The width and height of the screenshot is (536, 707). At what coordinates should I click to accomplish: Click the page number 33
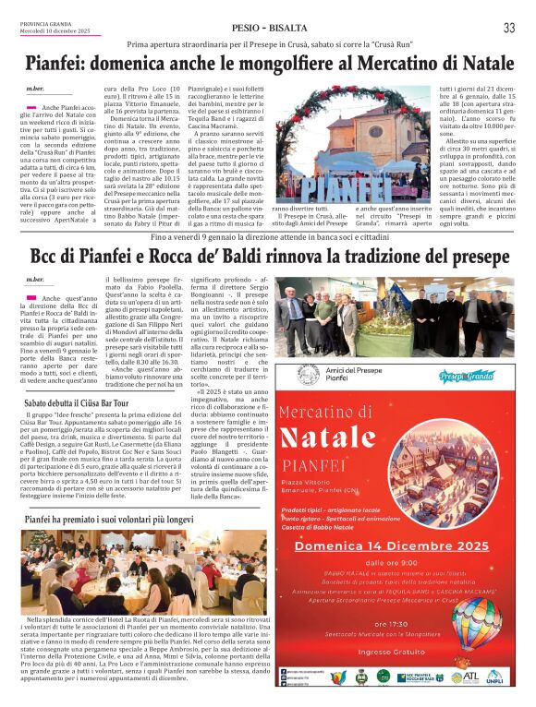tap(509, 28)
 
